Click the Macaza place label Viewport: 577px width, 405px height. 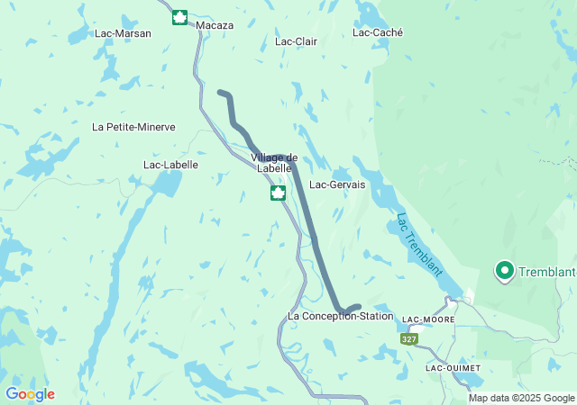tap(214, 25)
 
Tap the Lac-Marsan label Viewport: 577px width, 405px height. tap(123, 33)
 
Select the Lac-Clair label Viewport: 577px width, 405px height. tap(296, 41)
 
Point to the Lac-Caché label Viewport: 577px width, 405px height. tap(378, 32)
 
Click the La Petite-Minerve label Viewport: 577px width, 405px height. tap(133, 127)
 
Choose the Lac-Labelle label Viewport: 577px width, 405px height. tap(170, 165)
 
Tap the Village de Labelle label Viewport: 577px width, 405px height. tap(273, 163)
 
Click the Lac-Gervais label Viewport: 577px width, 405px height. tap(337, 184)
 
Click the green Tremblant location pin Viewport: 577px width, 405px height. tap(504, 270)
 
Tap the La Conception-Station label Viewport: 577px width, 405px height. tap(341, 316)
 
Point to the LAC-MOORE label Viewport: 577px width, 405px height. tap(429, 319)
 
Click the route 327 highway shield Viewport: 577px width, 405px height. tap(408, 338)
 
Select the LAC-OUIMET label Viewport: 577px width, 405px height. tap(453, 368)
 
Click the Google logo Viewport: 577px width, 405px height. tap(30, 394)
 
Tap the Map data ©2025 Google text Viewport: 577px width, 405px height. tap(520, 398)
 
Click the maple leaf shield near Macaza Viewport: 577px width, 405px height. tap(179, 17)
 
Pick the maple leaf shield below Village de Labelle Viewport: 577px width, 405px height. tap(279, 193)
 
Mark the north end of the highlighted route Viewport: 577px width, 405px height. tap(220, 92)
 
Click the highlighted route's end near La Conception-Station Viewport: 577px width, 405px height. tap(359, 307)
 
